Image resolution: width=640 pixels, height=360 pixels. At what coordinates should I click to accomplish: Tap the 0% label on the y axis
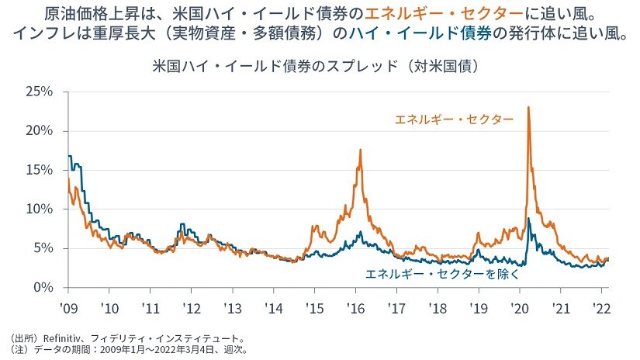43,287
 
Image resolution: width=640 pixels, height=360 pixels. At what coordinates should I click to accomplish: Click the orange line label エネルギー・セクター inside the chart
454,119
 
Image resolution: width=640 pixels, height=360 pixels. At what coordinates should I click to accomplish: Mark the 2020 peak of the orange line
528,107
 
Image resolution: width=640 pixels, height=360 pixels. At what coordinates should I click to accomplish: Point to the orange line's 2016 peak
361,150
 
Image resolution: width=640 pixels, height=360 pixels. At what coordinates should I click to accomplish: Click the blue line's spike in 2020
529,219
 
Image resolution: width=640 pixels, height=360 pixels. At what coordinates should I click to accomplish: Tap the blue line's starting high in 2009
70,156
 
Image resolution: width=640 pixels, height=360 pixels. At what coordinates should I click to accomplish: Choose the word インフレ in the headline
47,36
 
